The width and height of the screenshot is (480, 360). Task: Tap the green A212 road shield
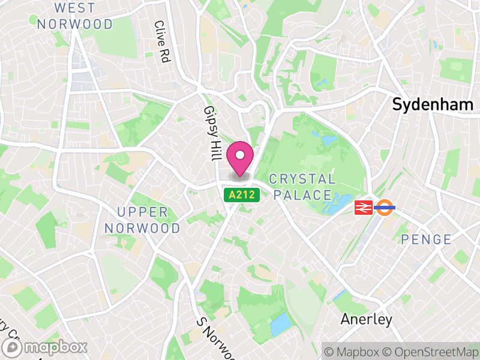pyautogui.click(x=242, y=195)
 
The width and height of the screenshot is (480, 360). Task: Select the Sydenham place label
pyautogui.click(x=433, y=104)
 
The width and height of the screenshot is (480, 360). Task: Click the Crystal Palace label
pyautogui.click(x=302, y=187)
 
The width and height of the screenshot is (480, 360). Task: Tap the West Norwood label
pyautogui.click(x=75, y=16)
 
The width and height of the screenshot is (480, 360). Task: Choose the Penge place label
pyautogui.click(x=426, y=239)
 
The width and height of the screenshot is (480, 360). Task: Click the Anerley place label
pyautogui.click(x=367, y=319)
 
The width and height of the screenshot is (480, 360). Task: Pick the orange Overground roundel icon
pyautogui.click(x=385, y=208)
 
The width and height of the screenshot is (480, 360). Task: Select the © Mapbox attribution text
pyautogui.click(x=352, y=350)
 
